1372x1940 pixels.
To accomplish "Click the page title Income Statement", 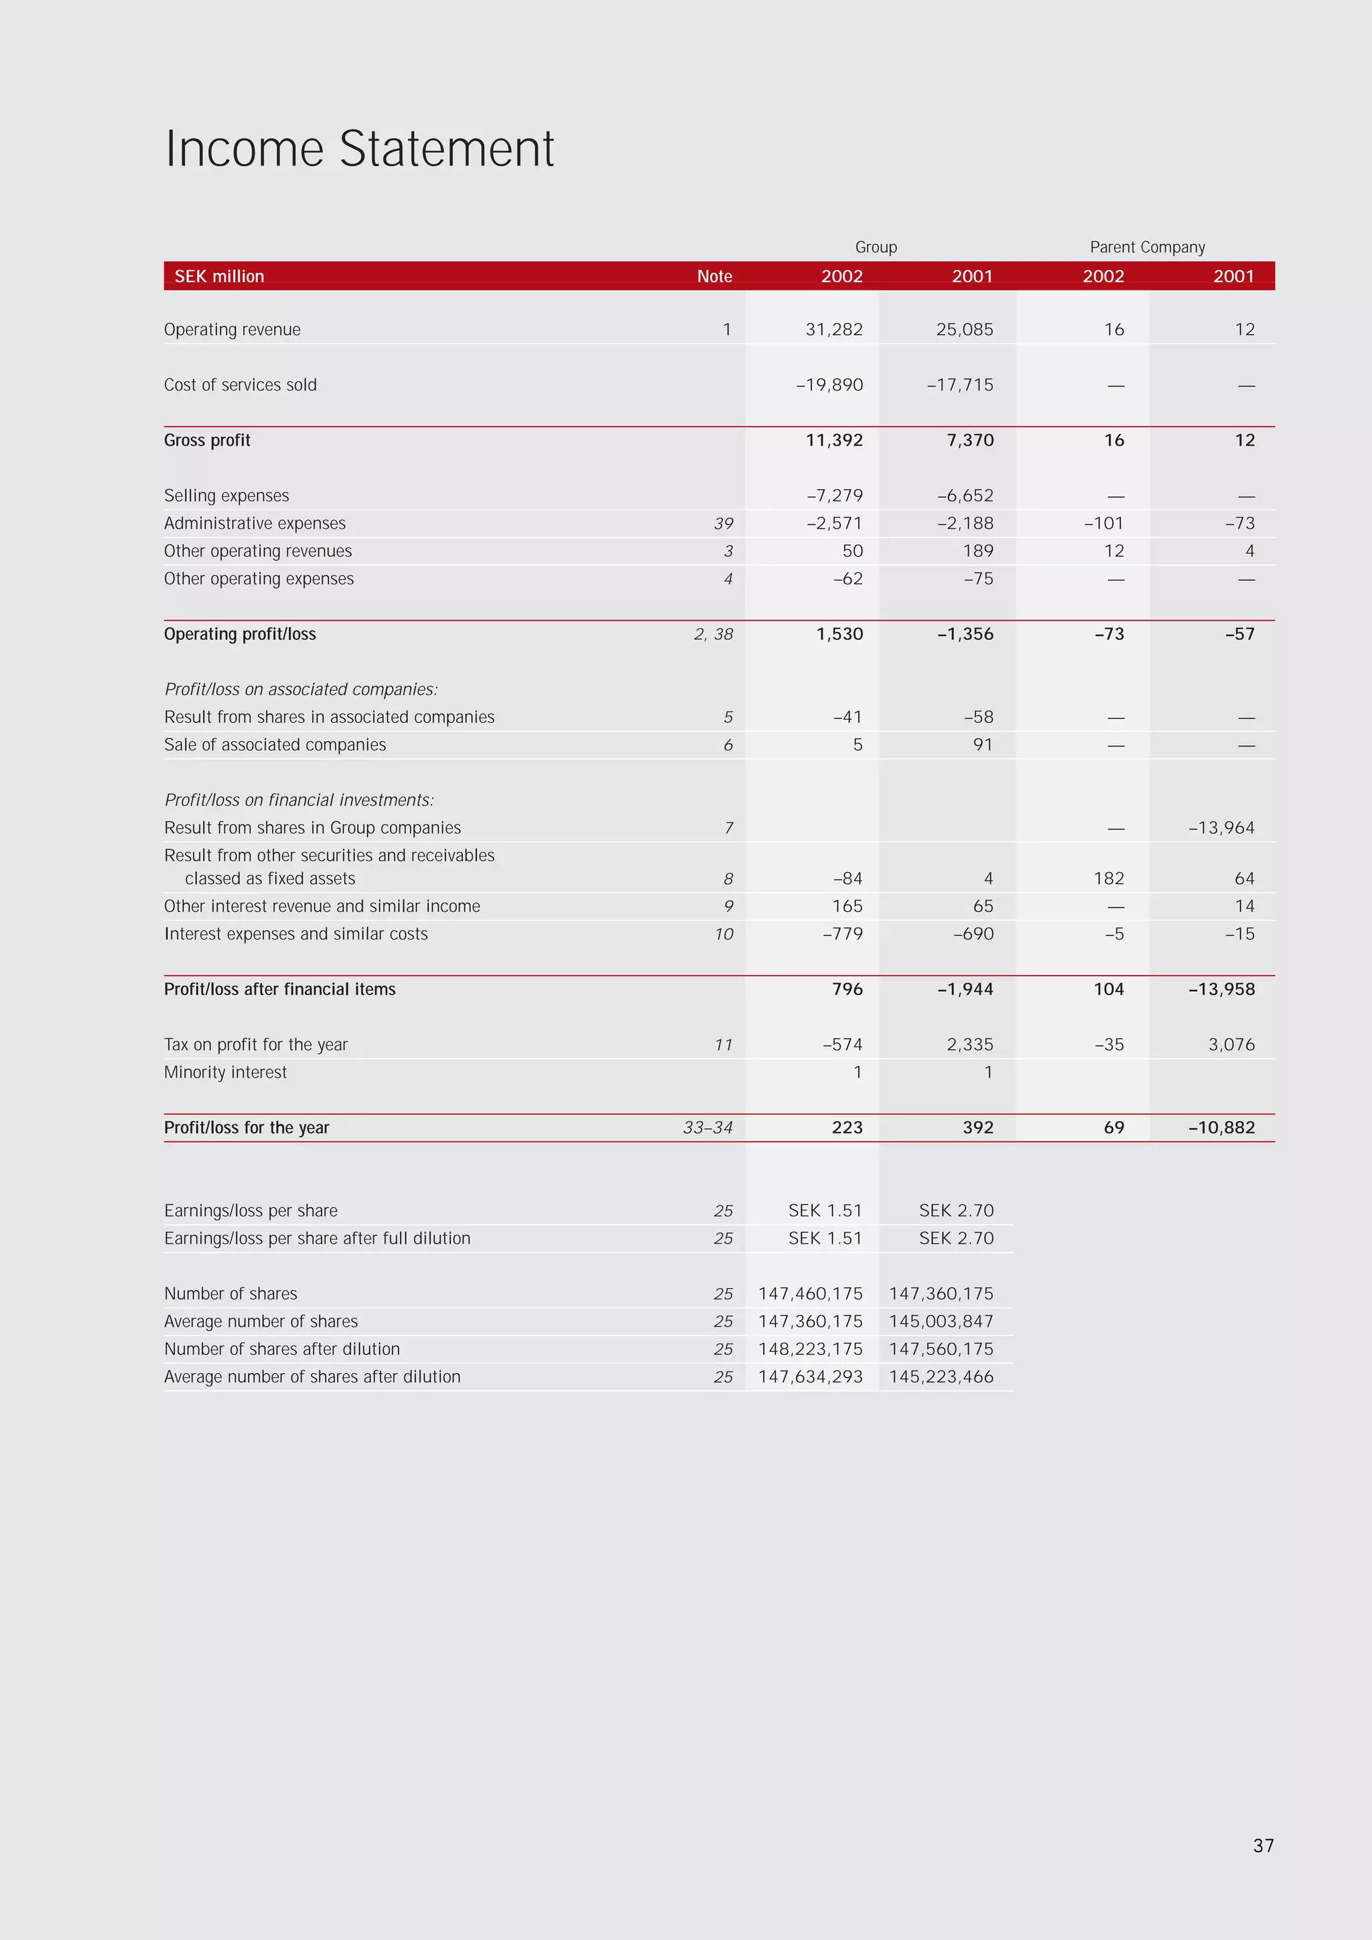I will coord(359,149).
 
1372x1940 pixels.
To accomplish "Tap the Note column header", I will coord(714,276).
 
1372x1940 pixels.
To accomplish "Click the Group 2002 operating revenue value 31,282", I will coord(834,330).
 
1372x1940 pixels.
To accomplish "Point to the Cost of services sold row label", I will coord(240,385).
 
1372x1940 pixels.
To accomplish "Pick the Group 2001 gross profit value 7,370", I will coord(970,440).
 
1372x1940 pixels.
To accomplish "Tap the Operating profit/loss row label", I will coord(240,634).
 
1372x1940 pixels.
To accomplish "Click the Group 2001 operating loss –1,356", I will coord(965,634).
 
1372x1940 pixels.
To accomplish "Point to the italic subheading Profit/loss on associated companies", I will coord(301,690).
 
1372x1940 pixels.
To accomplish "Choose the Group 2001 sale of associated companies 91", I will coord(983,745).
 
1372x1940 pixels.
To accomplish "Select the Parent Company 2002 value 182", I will coord(1109,879).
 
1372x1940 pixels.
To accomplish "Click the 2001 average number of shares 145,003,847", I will coord(941,1321).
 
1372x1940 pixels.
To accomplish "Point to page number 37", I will coord(1263,1846).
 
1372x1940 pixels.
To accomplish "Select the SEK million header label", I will coord(219,276).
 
